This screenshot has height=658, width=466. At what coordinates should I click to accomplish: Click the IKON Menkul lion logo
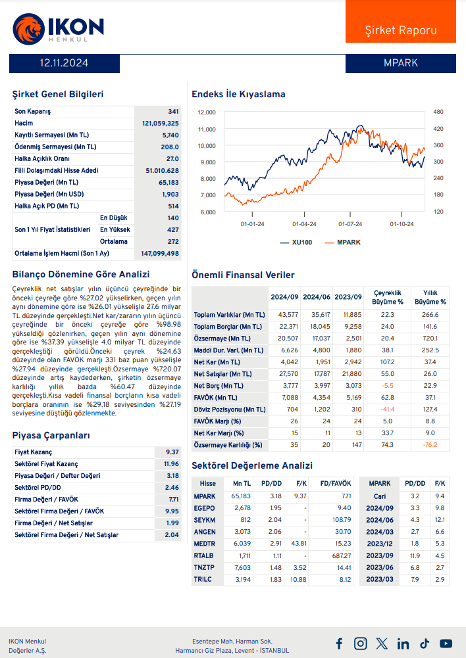27,28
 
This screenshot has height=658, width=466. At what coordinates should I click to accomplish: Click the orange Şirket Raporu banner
400,30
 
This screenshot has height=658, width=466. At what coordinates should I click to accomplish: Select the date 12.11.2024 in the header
64,63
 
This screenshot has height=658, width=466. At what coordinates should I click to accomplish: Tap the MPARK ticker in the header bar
400,63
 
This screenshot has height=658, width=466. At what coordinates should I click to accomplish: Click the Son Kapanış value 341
173,111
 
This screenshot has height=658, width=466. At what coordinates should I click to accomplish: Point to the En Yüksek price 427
172,229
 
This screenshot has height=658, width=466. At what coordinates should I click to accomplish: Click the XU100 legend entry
296,243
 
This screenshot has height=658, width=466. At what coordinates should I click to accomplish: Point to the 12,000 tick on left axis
207,112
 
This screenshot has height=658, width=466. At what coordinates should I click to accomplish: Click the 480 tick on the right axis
438,112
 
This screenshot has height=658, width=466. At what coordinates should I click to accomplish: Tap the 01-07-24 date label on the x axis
350,224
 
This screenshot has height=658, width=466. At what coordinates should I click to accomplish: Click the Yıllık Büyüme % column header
430,297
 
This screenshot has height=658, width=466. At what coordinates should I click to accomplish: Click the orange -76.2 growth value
430,444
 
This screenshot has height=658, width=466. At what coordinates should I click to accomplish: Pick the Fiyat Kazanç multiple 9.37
172,452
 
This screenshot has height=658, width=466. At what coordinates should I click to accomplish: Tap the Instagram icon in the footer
360,644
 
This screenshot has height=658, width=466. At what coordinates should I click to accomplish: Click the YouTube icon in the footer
446,644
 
